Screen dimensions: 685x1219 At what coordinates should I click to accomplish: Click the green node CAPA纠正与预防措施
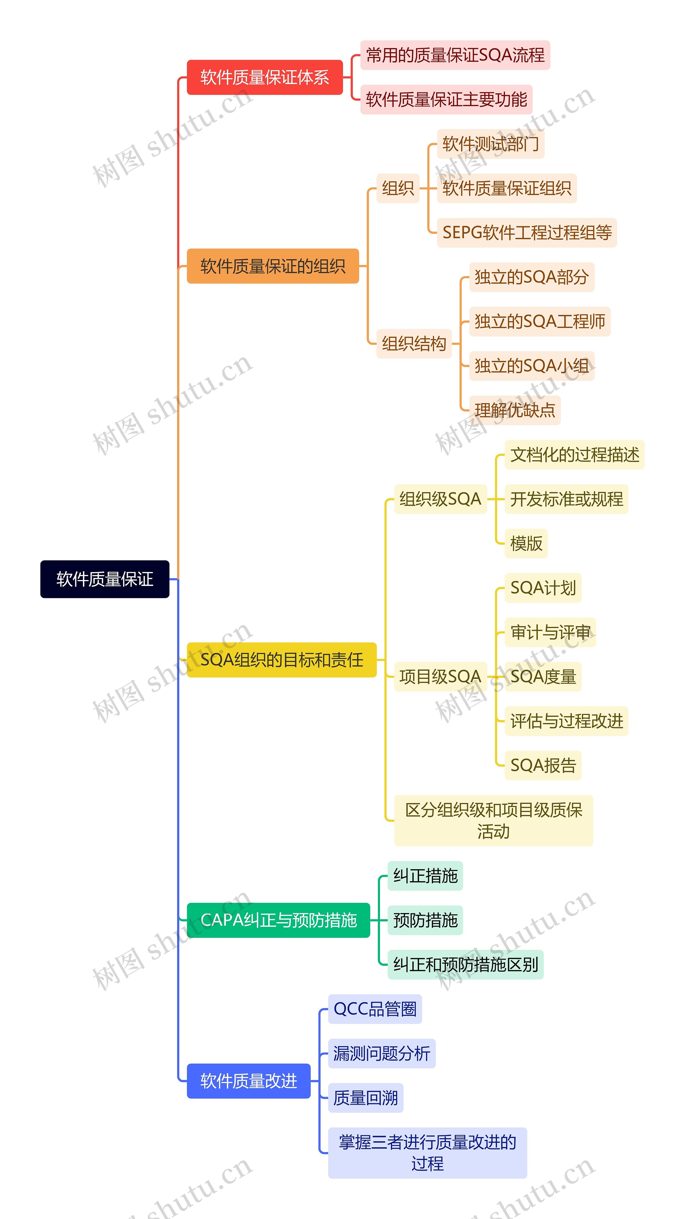pyautogui.click(x=278, y=920)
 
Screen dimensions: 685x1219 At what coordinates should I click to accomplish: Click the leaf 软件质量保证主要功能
pyautogui.click(x=446, y=99)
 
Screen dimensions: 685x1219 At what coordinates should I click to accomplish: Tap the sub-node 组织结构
pyautogui.click(x=414, y=343)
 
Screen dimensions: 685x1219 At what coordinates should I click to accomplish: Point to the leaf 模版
pyautogui.click(x=526, y=543)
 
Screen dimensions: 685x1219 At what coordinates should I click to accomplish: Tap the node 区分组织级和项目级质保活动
pyautogui.click(x=493, y=820)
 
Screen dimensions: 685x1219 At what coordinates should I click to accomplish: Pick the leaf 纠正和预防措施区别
pyautogui.click(x=466, y=964)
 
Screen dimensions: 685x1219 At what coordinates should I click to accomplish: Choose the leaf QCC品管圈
pyautogui.click(x=375, y=1009)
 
